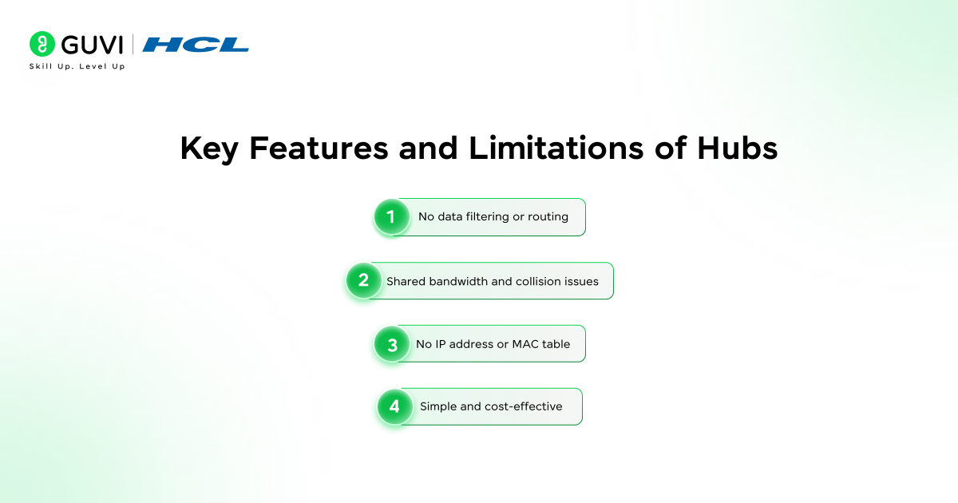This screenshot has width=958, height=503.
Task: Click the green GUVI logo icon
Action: click(x=42, y=44)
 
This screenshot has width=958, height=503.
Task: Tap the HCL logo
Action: click(x=196, y=45)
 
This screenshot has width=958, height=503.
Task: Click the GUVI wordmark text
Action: click(x=90, y=45)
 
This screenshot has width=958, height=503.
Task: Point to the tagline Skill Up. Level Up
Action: click(x=77, y=66)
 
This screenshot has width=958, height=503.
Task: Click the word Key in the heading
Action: click(x=209, y=149)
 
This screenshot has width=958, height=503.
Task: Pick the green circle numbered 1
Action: click(x=391, y=217)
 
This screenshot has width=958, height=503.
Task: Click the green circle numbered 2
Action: click(x=363, y=281)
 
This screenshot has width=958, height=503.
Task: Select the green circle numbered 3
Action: click(x=392, y=344)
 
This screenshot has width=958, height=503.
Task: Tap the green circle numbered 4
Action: click(x=394, y=407)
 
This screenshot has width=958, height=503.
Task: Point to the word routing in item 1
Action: click(x=548, y=217)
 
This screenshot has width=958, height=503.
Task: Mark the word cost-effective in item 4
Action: click(x=523, y=407)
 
